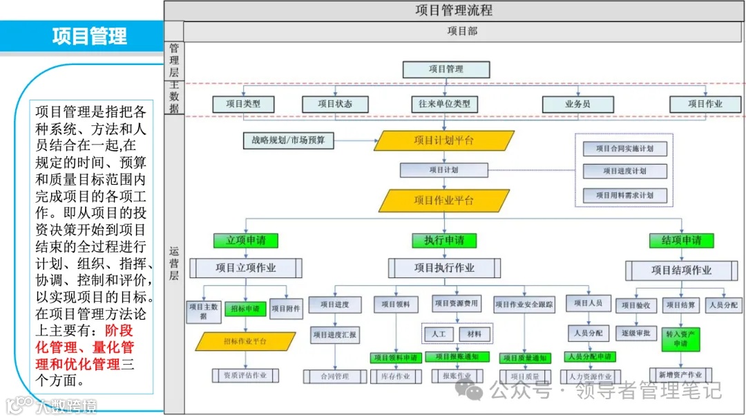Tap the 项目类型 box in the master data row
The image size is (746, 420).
pos(243,104)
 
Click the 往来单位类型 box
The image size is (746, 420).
pos(444,104)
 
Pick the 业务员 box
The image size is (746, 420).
pos(577,104)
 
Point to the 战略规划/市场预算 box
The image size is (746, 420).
pos(289,140)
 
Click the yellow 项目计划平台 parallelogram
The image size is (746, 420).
pos(444,140)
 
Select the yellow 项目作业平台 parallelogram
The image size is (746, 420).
pos(444,200)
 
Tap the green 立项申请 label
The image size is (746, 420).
pos(246,240)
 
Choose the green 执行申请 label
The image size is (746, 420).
pos(444,240)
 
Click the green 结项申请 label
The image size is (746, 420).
pos(681,240)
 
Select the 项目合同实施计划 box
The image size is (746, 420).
pos(624,149)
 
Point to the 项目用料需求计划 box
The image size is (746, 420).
pos(624,195)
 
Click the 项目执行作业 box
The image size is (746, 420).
pos(444,268)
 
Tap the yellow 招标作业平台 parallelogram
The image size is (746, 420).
pos(245,341)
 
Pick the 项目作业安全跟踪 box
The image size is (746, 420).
pos(524,304)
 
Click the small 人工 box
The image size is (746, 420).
pos(439,334)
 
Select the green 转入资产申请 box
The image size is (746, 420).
pos(681,338)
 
